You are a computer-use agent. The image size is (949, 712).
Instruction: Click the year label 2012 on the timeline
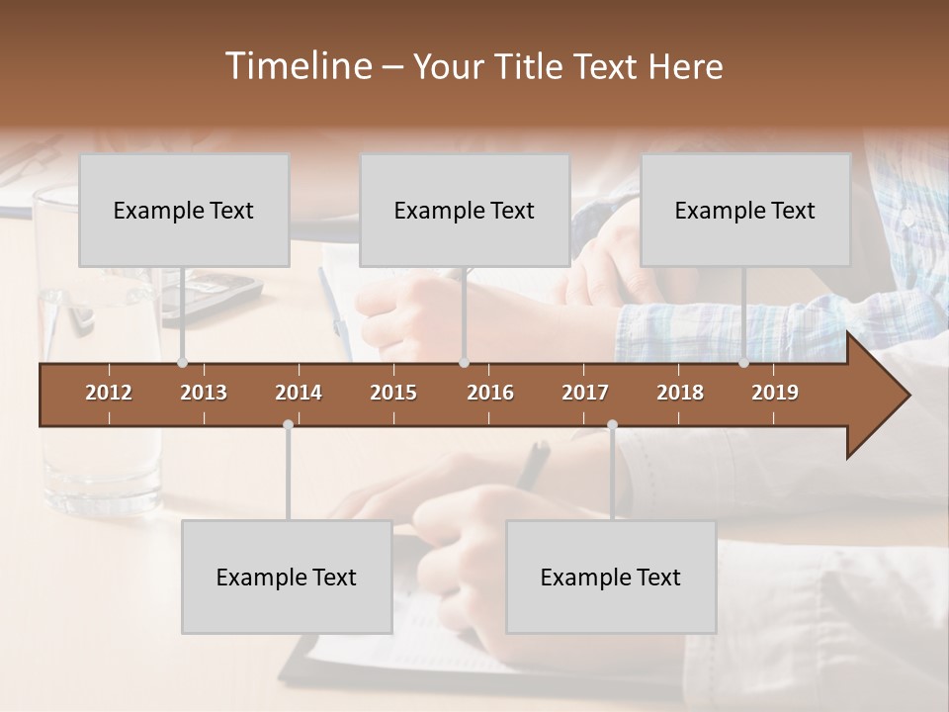pos(109,393)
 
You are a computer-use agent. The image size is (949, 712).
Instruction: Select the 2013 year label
pos(204,393)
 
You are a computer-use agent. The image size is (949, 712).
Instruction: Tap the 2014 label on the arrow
pos(299,393)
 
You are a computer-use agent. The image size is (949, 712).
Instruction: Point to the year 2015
pos(393,393)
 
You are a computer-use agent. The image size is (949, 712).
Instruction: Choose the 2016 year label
pos(490,393)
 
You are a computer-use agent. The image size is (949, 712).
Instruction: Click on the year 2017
pos(585,393)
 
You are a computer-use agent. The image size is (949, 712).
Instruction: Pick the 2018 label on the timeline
pos(680,393)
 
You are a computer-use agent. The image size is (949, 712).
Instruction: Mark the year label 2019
pos(775,393)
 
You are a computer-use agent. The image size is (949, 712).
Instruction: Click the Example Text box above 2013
pos(184,210)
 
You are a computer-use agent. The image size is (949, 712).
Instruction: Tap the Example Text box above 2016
pos(465,210)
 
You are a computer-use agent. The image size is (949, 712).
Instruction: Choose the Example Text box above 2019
pos(745,210)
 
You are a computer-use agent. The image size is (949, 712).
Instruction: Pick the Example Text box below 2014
pos(287,577)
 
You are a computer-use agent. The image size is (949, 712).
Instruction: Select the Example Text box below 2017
pos(611,577)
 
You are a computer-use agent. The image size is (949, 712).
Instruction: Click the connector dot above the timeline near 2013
pos(182,363)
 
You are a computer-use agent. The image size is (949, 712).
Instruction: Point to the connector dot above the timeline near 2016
pos(464,363)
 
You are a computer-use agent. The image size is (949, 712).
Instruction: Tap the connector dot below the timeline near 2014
pos(288,424)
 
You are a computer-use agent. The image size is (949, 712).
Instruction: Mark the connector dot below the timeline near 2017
pos(612,424)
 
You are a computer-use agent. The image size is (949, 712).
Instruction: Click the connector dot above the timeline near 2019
pos(744,363)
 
